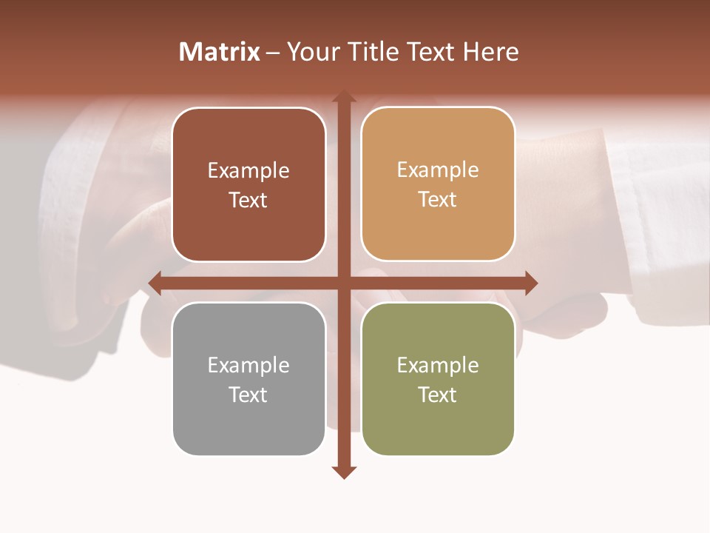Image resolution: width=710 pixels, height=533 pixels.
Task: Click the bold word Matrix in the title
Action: pyautogui.click(x=220, y=52)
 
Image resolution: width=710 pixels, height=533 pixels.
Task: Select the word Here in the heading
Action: pyautogui.click(x=490, y=52)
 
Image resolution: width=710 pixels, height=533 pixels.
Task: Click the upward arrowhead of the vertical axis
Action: pyautogui.click(x=343, y=96)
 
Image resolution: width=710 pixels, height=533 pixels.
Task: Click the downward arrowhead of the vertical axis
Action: pyautogui.click(x=343, y=472)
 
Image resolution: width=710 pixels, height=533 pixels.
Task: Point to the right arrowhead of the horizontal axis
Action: pyautogui.click(x=531, y=283)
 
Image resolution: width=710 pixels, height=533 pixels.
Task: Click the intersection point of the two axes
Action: pyautogui.click(x=343, y=283)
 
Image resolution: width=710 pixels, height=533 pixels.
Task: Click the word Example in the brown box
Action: pyautogui.click(x=248, y=170)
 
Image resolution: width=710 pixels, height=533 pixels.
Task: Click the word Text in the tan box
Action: pyautogui.click(x=438, y=200)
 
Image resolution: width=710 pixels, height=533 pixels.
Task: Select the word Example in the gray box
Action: pyautogui.click(x=248, y=365)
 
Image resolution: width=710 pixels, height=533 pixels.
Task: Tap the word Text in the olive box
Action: pyautogui.click(x=438, y=395)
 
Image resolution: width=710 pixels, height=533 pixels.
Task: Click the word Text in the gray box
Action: pyautogui.click(x=248, y=395)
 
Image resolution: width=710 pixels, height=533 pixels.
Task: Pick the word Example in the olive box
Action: pyautogui.click(x=438, y=365)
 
